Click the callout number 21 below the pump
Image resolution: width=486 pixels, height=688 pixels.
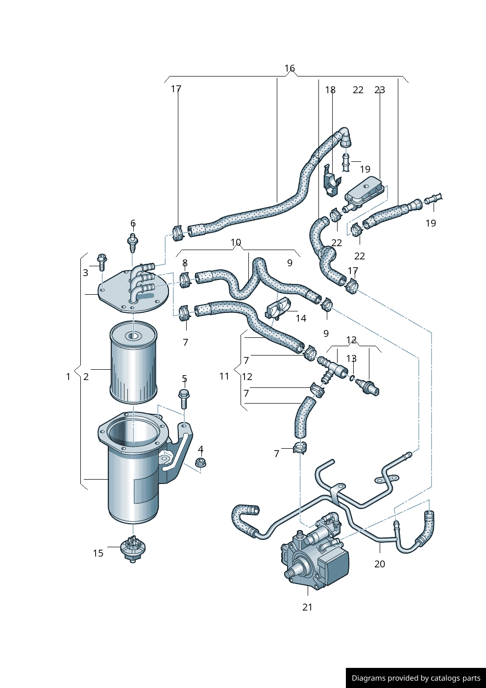pos(307,607)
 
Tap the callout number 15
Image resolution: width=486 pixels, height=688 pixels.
pos(98,553)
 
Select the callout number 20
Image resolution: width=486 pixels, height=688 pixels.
pos(380,564)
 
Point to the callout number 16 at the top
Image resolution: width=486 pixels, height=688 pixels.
pos(290,68)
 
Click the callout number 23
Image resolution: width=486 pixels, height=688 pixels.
pos(380,90)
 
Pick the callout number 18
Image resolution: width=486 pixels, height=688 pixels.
pos(330,90)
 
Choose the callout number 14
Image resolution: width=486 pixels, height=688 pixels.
pos(301,318)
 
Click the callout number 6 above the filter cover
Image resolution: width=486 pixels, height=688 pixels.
pos(133,224)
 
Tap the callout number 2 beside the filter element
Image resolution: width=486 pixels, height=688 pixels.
pos(86,377)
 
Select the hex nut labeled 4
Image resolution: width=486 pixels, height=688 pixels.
pos(200,462)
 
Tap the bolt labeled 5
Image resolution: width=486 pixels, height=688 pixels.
pos(184,399)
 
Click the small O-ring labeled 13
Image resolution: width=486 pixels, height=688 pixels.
pos(352,377)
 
